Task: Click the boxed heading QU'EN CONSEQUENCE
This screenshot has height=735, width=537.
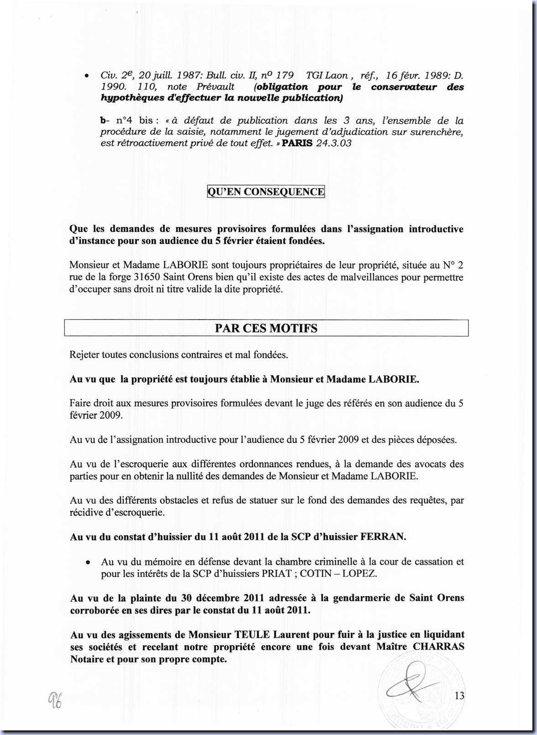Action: tap(266, 192)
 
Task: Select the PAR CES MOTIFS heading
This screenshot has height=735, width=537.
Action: tap(266, 328)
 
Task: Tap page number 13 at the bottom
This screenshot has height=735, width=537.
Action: tap(459, 695)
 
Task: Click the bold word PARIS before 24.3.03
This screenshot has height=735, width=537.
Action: tap(297, 143)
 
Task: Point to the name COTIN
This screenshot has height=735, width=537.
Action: tap(319, 573)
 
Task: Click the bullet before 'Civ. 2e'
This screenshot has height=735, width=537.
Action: tap(86, 76)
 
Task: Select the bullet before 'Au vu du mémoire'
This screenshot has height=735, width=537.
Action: tap(87, 562)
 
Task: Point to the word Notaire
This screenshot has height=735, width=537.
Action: tap(87, 659)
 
